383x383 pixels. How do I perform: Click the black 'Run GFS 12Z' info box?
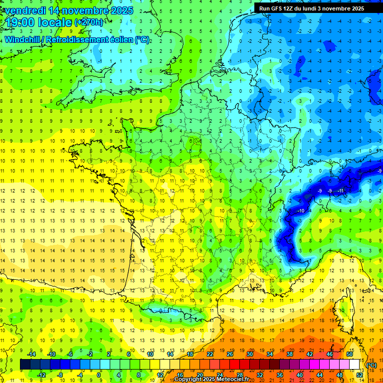click(311, 8)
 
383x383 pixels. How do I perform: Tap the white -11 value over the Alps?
click(341, 191)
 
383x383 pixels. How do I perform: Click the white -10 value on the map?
click(301, 211)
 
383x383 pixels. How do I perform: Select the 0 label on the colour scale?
click(99, 375)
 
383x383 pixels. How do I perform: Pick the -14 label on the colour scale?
click(32, 354)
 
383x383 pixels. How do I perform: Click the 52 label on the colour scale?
click(360, 375)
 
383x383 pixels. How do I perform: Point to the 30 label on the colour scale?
click(249, 354)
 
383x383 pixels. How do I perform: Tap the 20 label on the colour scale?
click(199, 375)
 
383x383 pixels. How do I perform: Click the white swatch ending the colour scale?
click(354, 365)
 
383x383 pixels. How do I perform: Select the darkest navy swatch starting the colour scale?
click(25, 365)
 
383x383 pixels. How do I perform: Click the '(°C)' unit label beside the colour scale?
click(371, 365)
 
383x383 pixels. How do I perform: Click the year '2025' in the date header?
click(121, 10)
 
